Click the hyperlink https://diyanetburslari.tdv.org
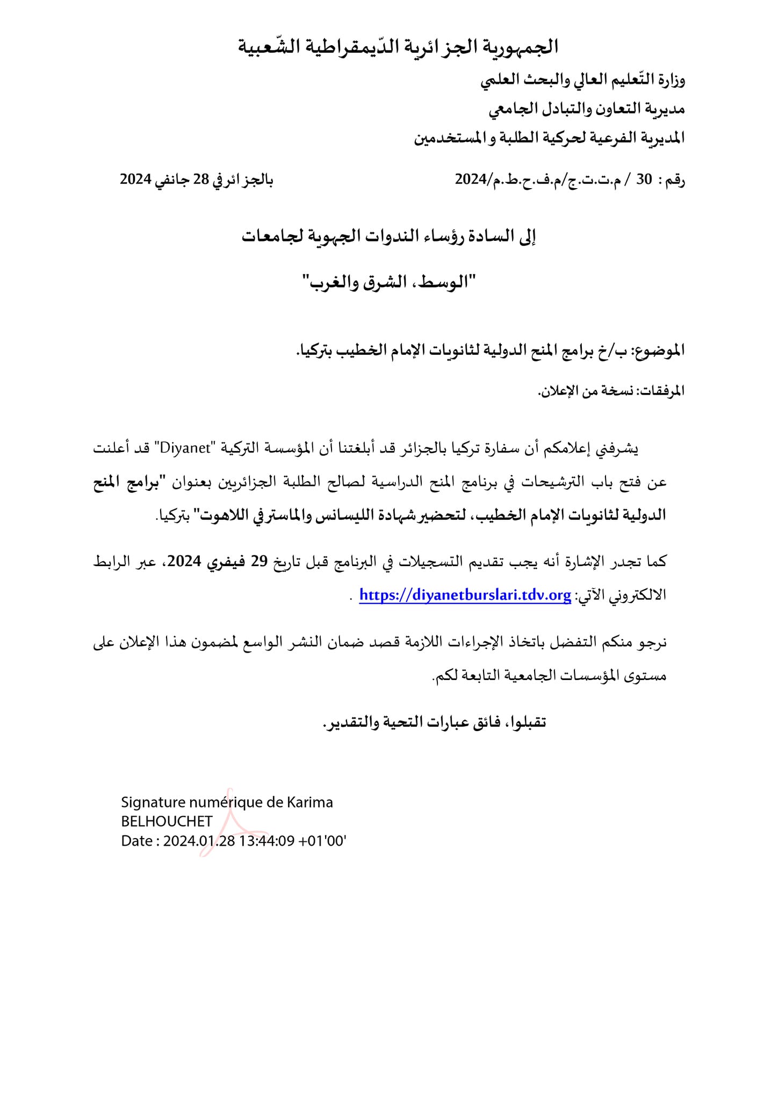[465, 595]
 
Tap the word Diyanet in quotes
[185, 448]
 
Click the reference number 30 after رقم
[644, 180]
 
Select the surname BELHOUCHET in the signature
[167, 821]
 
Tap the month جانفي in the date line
[171, 180]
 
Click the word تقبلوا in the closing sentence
[524, 722]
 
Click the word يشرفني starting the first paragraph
[617, 448]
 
